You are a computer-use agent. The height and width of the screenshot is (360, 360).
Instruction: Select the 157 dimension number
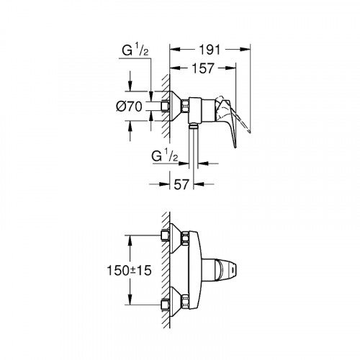pos(203,70)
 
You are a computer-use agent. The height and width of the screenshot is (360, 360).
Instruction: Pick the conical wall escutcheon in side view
pos(174,106)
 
